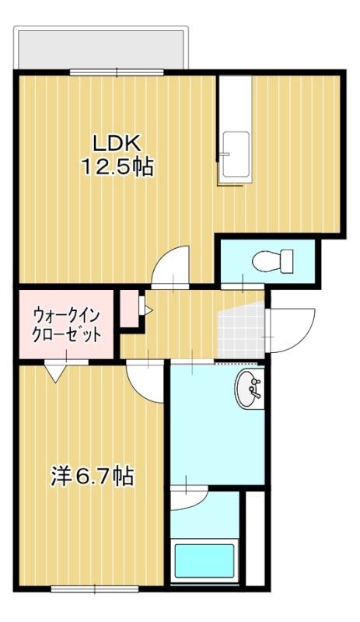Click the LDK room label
pos(117,144)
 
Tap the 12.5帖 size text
pos(117,167)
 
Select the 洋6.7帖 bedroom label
pos(92,476)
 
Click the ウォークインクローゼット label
pos(67,325)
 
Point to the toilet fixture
pos(273,260)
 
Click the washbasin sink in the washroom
pos(249,389)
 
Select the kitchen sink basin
pos(236,155)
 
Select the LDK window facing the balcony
pos(117,72)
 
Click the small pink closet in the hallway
pos(129,309)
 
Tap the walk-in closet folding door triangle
pos(54,372)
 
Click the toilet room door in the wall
pos(243,286)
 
